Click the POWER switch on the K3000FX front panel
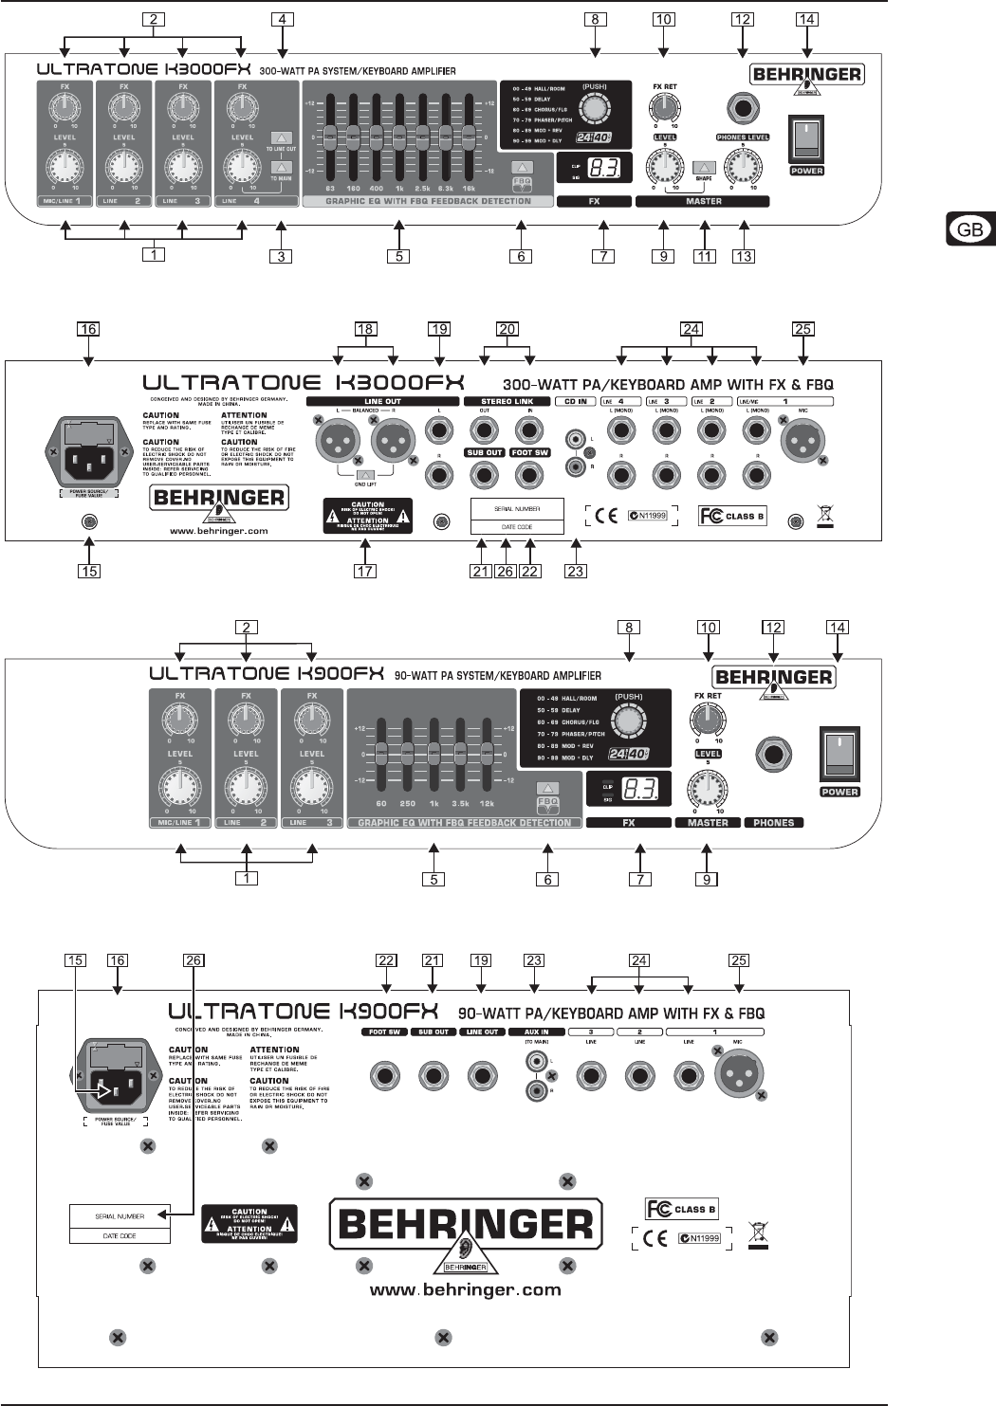(x=806, y=138)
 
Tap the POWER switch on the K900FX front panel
(x=839, y=754)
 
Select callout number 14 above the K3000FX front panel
(x=807, y=19)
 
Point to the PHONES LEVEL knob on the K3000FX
(x=743, y=168)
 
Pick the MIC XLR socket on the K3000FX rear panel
(x=802, y=441)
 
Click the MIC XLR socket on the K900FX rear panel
(x=738, y=1074)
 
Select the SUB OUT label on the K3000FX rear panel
(x=484, y=452)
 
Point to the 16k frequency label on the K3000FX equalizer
(x=469, y=189)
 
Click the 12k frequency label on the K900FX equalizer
(x=487, y=803)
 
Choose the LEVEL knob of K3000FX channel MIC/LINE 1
(x=65, y=169)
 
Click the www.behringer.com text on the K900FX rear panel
(x=465, y=1290)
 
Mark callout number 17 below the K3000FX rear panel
(x=365, y=571)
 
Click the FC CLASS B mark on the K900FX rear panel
(x=681, y=1209)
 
